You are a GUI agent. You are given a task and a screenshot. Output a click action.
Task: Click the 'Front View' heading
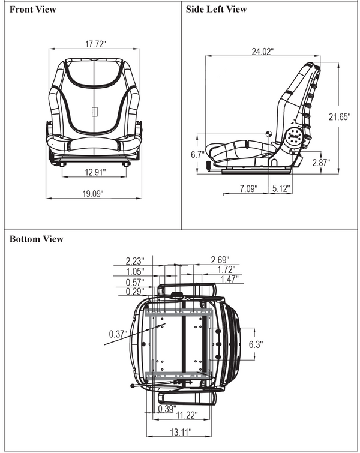point(32,10)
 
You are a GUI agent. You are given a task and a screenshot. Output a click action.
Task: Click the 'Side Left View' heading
point(216,10)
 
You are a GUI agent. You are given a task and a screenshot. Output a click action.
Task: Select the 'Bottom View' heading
point(36,239)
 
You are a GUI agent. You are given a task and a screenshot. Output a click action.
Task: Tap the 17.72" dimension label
point(95,44)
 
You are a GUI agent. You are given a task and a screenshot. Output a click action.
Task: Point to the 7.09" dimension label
point(248,189)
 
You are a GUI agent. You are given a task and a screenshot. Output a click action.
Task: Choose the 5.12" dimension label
point(280,189)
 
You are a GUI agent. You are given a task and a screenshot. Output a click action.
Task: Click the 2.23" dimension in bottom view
point(136,260)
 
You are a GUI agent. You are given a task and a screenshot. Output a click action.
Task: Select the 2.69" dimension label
point(220,260)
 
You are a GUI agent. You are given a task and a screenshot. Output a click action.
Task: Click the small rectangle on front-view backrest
point(94,112)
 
